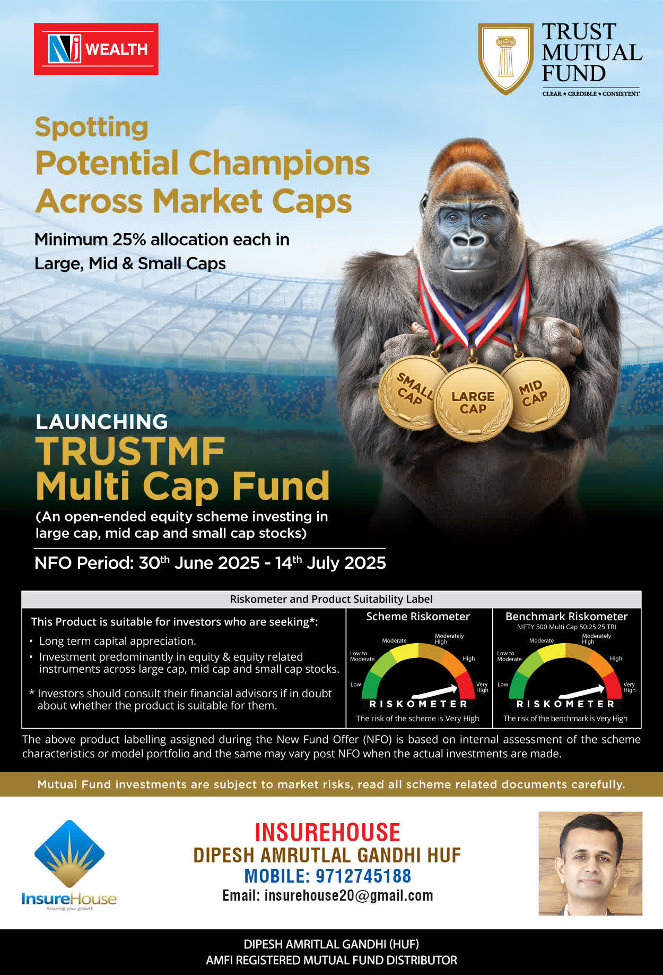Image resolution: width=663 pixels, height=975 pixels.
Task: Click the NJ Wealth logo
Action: point(96,49)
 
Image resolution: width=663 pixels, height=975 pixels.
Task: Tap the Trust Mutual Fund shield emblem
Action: point(505,58)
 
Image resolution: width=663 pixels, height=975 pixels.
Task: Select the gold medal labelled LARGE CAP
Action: point(473,403)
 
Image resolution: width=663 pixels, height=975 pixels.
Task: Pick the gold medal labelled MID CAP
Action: point(535,394)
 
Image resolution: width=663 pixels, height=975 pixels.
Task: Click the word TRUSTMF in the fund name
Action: point(130,452)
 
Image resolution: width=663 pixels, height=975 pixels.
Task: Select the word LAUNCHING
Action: point(102,422)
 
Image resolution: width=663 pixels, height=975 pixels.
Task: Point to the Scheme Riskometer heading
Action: point(418,617)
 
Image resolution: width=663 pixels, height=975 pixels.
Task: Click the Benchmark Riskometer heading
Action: point(566,617)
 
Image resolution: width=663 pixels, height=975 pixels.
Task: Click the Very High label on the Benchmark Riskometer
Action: point(629,687)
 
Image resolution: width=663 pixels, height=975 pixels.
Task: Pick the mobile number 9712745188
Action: point(364,876)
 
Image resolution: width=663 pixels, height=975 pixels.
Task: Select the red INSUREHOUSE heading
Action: point(328,832)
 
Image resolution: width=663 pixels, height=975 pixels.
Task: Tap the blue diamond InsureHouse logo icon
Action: point(69,854)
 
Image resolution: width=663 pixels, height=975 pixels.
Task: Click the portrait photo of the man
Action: point(590,863)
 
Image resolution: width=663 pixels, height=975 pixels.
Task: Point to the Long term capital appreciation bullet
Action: point(118,641)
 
